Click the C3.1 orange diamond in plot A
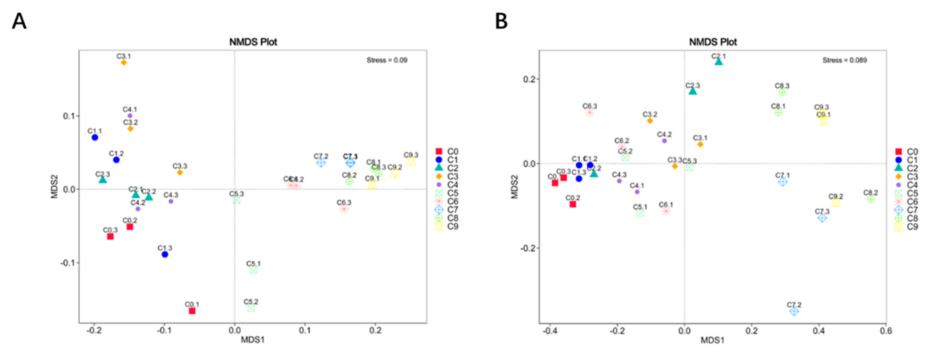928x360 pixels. tap(124, 63)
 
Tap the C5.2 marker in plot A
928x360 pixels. tap(251, 308)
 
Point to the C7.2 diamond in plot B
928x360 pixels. tap(794, 311)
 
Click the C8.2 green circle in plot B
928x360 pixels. tap(871, 199)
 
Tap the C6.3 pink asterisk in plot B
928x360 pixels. tap(590, 113)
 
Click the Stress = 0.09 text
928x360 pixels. tap(387, 60)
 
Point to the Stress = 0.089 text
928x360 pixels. tap(845, 60)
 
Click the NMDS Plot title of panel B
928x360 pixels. tap(713, 42)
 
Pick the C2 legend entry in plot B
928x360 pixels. tap(906, 168)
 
